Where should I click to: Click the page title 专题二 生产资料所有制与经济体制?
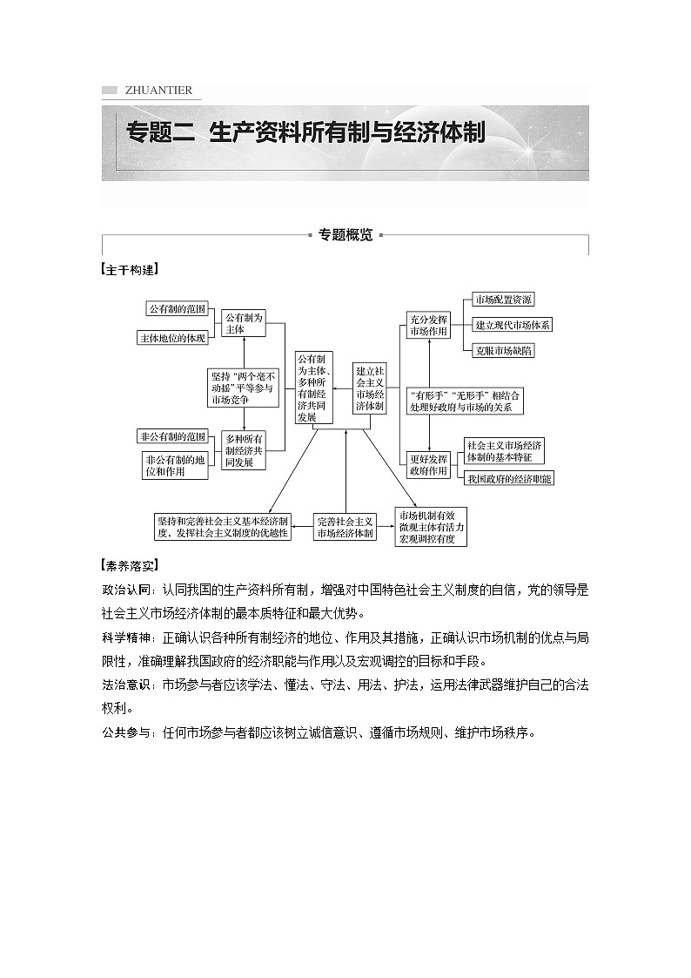(305, 133)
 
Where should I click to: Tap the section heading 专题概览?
(345, 235)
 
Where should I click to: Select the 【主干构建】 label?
(130, 270)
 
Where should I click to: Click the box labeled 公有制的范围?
(177, 309)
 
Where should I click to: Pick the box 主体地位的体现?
(172, 338)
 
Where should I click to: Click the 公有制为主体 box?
(243, 324)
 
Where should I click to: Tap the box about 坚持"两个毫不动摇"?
(241, 388)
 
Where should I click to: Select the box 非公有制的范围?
(172, 436)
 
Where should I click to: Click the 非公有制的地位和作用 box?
(175, 465)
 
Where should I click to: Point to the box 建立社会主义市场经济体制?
(370, 388)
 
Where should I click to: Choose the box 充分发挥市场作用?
(428, 325)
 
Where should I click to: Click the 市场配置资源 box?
(503, 300)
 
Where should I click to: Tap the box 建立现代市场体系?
(512, 325)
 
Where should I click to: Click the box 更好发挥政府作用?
(428, 465)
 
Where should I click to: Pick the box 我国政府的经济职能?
(509, 478)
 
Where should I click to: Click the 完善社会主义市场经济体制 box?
(345, 526)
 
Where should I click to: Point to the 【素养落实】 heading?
(130, 565)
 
